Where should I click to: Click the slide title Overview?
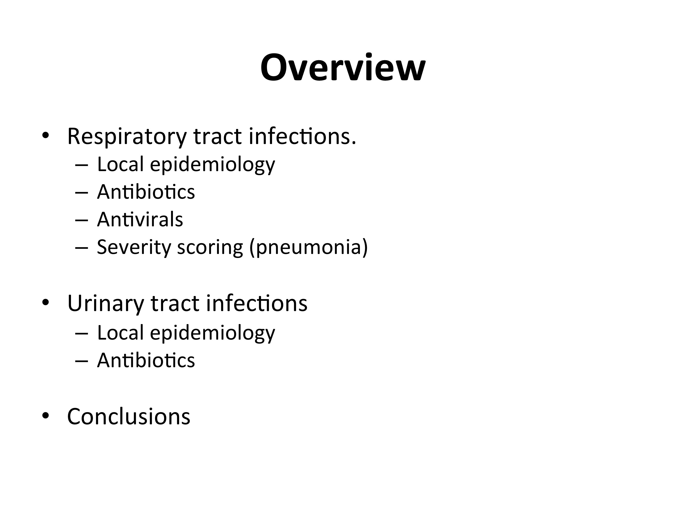click(343, 67)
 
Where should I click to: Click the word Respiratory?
click(127, 137)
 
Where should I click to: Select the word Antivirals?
click(140, 219)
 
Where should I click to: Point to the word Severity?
click(134, 247)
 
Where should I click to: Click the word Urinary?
click(106, 304)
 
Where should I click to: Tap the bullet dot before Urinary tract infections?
click(45, 302)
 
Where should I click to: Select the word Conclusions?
click(129, 417)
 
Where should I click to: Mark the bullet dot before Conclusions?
click(45, 416)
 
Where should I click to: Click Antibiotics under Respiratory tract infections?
click(146, 192)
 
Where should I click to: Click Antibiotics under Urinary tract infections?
click(146, 360)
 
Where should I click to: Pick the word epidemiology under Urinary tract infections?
click(212, 333)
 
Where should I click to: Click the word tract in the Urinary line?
click(175, 304)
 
